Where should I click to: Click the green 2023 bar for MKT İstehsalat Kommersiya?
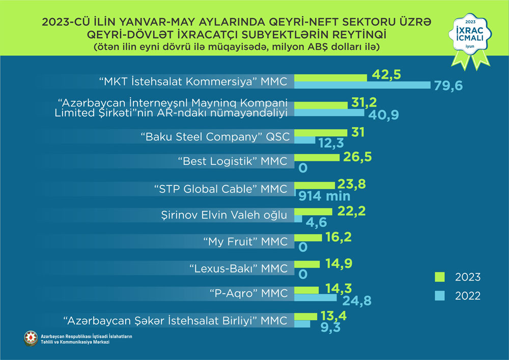coord(331,77)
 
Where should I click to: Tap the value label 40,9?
coord(384,114)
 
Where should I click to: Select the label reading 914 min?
coord(325,195)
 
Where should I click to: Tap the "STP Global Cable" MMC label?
coord(220,189)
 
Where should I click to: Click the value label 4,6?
coord(316,223)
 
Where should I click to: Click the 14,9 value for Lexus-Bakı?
coord(337,263)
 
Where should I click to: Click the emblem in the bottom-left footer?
coord(31,338)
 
